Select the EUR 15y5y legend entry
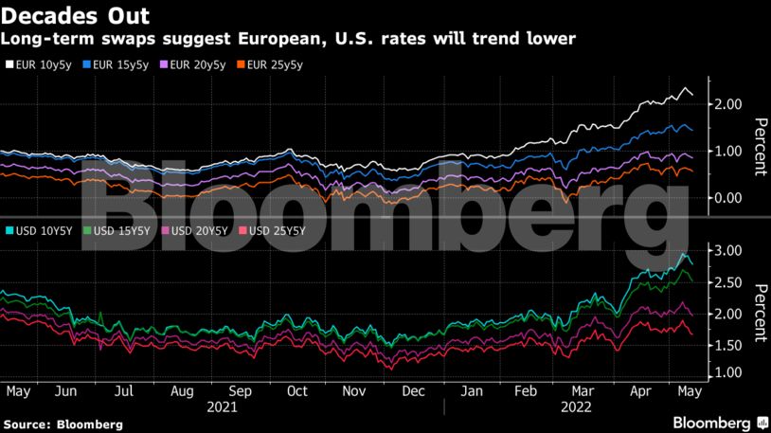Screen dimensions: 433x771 click(x=119, y=65)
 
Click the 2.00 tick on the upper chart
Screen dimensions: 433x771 click(x=722, y=104)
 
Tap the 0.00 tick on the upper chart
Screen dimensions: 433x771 click(x=722, y=198)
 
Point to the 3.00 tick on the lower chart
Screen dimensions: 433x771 click(x=722, y=251)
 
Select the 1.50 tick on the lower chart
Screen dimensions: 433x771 click(x=722, y=344)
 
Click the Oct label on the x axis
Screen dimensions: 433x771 click(x=298, y=390)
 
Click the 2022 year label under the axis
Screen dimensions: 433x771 click(x=577, y=407)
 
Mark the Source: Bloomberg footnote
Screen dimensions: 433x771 click(x=63, y=424)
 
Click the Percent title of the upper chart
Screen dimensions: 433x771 click(x=758, y=148)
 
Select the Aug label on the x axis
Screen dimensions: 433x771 click(x=182, y=390)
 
